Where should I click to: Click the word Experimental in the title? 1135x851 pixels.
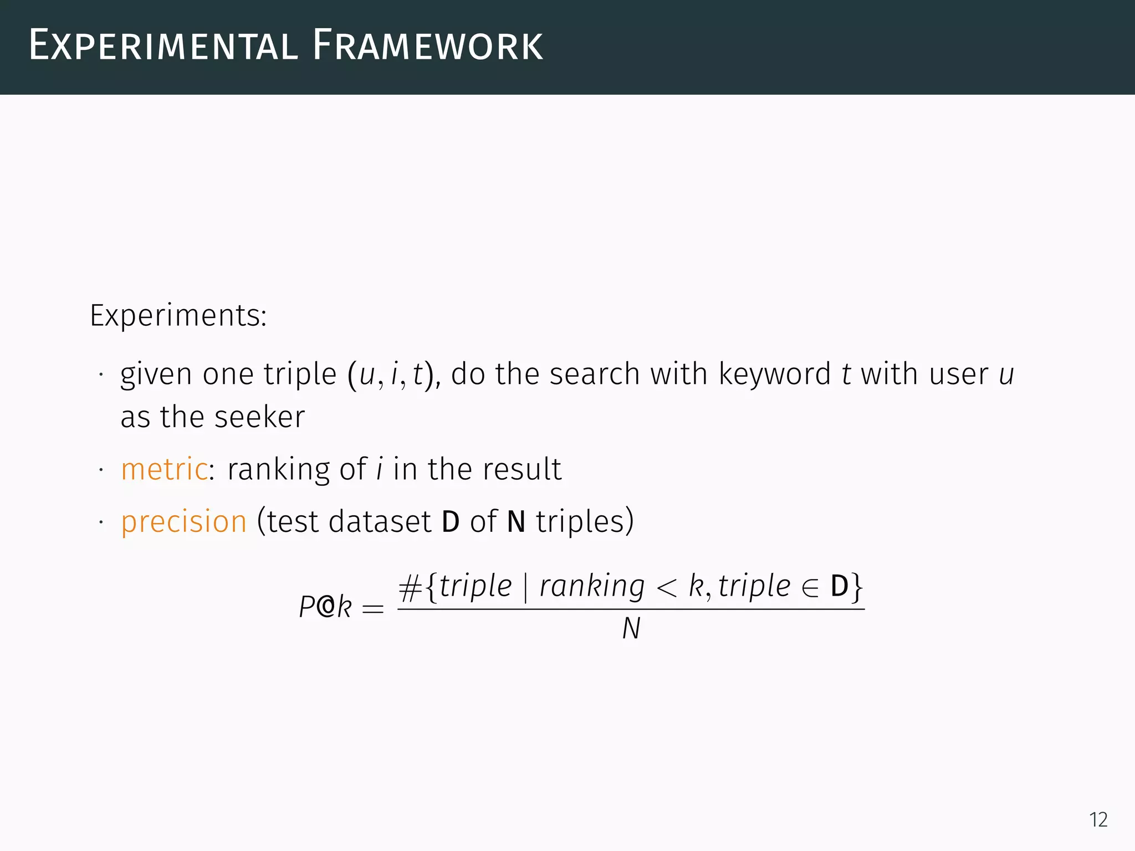(x=163, y=46)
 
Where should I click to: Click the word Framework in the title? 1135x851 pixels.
(x=427, y=46)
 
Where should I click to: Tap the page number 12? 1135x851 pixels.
(x=1098, y=819)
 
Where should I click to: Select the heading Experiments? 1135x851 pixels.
(x=178, y=316)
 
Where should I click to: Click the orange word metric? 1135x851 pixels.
(x=164, y=469)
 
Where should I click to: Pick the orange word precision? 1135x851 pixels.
(x=183, y=522)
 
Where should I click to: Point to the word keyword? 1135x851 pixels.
(x=774, y=374)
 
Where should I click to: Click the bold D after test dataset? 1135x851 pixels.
(x=451, y=522)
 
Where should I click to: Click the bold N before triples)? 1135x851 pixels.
(x=516, y=522)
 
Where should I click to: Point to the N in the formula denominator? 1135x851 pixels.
(x=631, y=629)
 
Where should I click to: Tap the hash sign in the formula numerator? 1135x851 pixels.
(x=410, y=588)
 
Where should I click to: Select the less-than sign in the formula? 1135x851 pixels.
(x=667, y=588)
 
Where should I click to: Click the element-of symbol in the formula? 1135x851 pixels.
(x=810, y=588)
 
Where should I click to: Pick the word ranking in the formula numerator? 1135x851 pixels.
(x=592, y=587)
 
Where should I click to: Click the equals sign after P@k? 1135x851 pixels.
(x=372, y=609)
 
